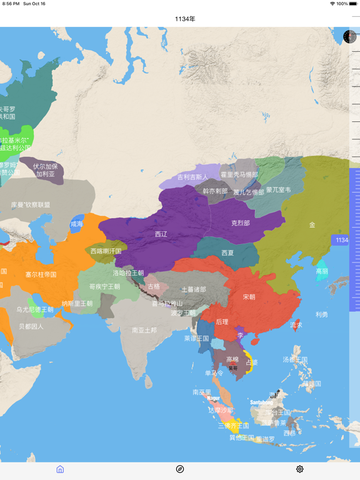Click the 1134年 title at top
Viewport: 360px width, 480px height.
point(185,19)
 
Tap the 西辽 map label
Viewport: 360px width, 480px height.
point(161,234)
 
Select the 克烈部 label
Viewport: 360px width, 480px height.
point(240,223)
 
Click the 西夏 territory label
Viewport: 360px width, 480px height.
point(227,252)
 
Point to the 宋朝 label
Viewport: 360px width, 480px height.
point(249,297)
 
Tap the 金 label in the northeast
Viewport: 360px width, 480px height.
point(312,225)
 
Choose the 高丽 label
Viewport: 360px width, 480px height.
point(322,271)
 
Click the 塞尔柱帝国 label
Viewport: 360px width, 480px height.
point(41,274)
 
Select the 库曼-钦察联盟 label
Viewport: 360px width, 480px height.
point(30,204)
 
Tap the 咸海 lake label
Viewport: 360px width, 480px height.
point(76,224)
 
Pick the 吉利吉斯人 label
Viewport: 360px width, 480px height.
point(192,177)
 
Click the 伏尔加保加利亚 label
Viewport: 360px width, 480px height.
point(45,170)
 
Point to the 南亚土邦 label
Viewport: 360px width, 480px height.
point(144,330)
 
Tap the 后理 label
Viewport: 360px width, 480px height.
point(222,322)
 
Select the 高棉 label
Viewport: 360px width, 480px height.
point(232,359)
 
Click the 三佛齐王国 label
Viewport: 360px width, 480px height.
point(233,426)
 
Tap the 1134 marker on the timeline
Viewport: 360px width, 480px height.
point(342,240)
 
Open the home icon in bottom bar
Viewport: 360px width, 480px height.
point(60,469)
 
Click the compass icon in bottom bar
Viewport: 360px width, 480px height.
point(180,469)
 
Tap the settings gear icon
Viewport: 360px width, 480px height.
point(300,469)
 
